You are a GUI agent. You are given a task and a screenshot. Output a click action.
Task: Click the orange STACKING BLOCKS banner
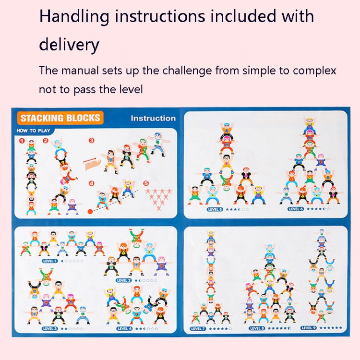(x=60, y=118)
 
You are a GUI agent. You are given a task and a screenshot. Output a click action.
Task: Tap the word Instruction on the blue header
(x=153, y=118)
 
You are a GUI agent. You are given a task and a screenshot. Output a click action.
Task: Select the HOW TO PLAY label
(x=33, y=131)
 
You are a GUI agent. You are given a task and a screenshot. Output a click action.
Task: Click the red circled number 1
(x=22, y=141)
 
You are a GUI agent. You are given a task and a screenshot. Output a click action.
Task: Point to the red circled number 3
(x=91, y=141)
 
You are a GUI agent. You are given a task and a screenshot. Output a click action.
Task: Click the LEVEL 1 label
(x=49, y=261)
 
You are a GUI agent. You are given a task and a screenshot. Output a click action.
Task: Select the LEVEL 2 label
(x=123, y=280)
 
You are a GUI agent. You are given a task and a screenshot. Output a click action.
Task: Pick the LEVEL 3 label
(x=50, y=329)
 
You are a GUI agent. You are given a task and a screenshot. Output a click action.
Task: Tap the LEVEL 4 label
(x=123, y=329)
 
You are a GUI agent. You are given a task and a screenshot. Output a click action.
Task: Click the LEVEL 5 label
(x=214, y=209)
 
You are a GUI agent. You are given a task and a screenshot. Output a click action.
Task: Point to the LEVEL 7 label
(x=198, y=329)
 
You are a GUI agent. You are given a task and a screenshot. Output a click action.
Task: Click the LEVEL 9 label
(x=308, y=328)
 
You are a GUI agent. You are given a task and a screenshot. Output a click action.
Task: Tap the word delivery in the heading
(x=69, y=45)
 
